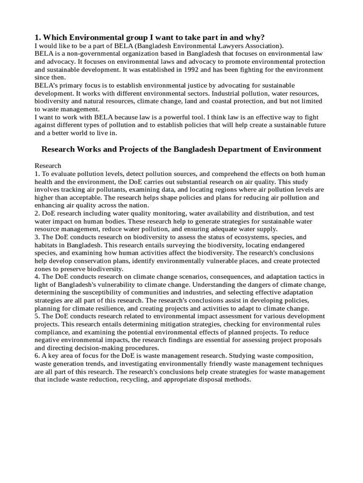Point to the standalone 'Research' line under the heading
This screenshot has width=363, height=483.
[x=48, y=166]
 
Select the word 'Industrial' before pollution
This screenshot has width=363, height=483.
[x=220, y=93]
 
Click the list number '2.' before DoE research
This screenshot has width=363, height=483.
[x=37, y=213]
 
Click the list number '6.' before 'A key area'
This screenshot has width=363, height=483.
[x=37, y=356]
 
